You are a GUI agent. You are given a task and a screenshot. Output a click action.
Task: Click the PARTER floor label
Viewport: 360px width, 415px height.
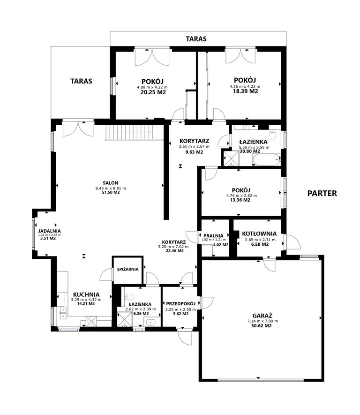(x=322, y=193)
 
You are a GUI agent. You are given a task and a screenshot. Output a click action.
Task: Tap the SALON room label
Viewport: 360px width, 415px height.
(x=111, y=183)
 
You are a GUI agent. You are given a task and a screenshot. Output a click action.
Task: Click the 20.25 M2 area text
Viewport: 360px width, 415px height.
(x=153, y=92)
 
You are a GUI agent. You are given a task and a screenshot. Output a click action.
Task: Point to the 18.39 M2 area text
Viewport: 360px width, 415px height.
(x=245, y=91)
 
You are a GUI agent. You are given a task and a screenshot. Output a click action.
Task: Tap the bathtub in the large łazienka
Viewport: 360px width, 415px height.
(x=266, y=159)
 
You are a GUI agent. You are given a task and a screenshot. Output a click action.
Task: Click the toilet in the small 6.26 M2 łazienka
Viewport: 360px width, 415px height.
(x=130, y=297)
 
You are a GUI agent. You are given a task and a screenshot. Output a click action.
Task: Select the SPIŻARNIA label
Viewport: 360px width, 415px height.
(x=128, y=270)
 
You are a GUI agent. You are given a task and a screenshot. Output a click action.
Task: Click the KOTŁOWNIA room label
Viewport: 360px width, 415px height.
(x=259, y=234)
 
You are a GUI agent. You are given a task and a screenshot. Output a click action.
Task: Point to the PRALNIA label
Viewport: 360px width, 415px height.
(x=213, y=235)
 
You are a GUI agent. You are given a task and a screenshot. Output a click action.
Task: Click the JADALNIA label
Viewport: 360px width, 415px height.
(x=50, y=231)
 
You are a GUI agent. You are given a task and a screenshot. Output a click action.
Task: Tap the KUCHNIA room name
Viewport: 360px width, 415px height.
(x=86, y=294)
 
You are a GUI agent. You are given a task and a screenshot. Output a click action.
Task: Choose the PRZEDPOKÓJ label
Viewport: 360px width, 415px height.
(x=180, y=303)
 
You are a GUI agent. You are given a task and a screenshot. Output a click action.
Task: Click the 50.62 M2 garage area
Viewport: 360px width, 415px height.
(x=262, y=326)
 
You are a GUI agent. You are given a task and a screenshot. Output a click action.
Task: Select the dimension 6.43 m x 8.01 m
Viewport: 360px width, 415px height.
(x=111, y=189)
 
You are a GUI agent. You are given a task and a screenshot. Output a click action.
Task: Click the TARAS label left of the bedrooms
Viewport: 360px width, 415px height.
(x=81, y=81)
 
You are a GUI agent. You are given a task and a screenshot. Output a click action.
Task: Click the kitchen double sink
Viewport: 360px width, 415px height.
(x=63, y=313)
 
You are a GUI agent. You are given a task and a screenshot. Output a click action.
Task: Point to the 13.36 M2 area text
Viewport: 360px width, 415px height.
(x=240, y=200)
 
